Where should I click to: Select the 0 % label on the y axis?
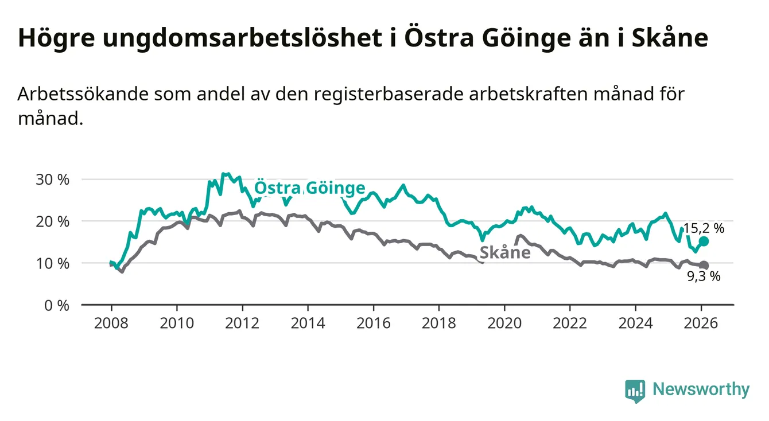[x=57, y=305]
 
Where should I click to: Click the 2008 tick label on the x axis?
[x=111, y=323]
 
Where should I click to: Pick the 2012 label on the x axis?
[x=242, y=323]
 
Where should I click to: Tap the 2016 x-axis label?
[x=373, y=323]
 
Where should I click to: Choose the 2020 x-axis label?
[x=504, y=323]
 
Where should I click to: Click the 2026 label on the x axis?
[x=701, y=323]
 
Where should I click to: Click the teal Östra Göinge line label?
[x=309, y=188]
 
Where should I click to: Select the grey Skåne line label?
[x=505, y=252]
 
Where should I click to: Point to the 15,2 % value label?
[x=704, y=228]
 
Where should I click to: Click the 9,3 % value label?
[x=704, y=276]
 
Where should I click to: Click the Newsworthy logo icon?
[x=635, y=391]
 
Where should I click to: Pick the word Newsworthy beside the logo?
[x=701, y=390]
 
